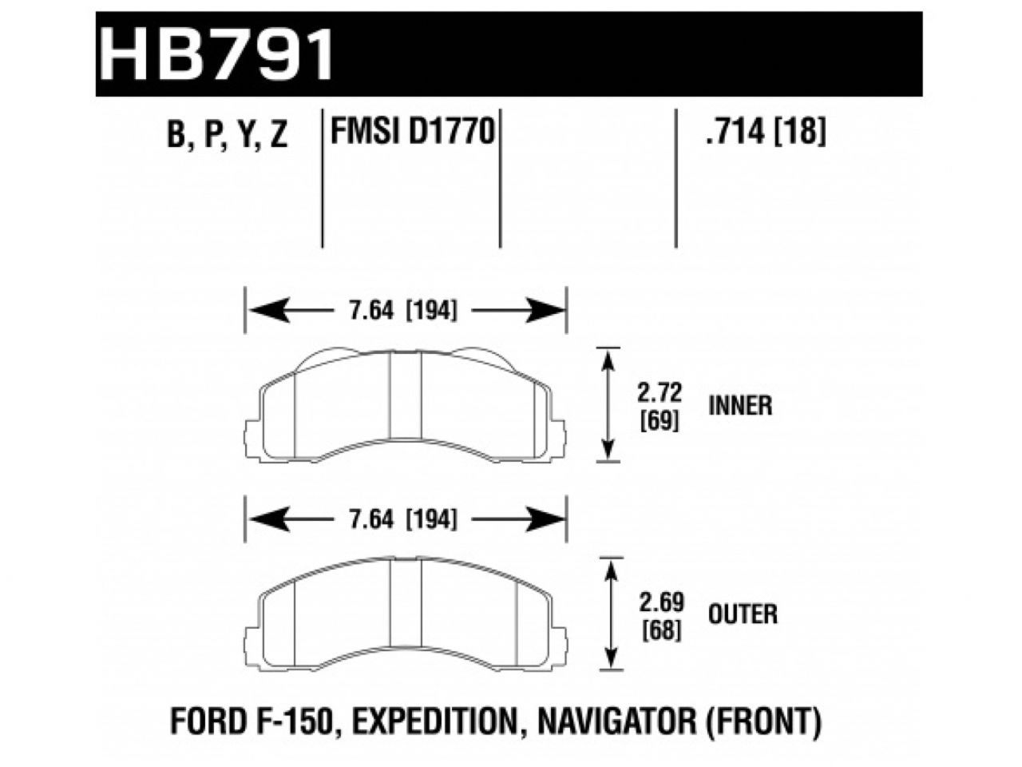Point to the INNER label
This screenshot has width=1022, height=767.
point(740,406)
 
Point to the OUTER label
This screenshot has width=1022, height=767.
point(742,614)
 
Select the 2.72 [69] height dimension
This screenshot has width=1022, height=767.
point(660,406)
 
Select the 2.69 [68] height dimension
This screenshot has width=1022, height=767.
point(660,614)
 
